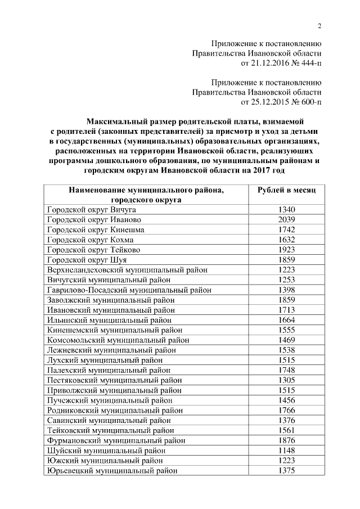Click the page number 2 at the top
click(x=319, y=26)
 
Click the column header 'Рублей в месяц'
click(x=286, y=190)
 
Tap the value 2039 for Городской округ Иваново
click(x=286, y=220)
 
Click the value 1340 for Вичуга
click(x=286, y=210)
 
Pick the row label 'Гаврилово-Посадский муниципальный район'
click(x=129, y=290)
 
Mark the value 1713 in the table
click(x=286, y=310)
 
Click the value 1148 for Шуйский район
click(x=286, y=451)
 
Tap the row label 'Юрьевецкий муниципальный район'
click(x=112, y=471)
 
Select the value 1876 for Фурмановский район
click(x=286, y=440)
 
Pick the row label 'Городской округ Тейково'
click(x=93, y=250)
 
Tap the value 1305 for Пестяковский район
click(x=286, y=380)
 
